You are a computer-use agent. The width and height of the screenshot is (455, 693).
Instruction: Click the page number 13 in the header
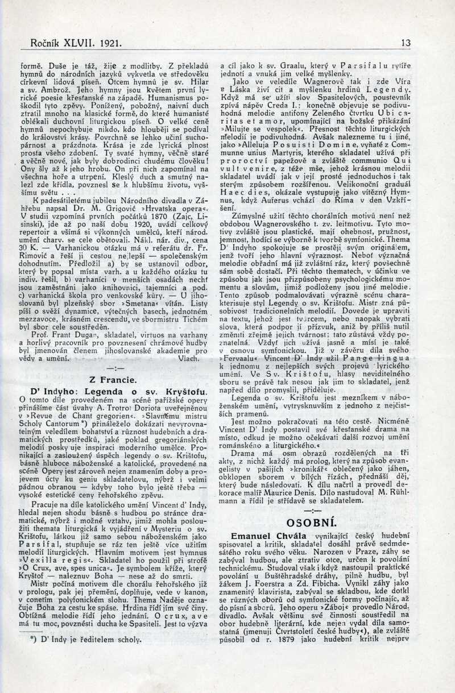[406, 42]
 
